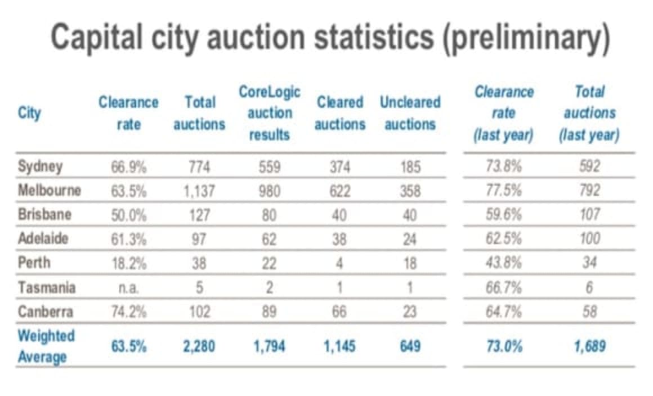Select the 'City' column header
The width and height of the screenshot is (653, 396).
pyautogui.click(x=29, y=113)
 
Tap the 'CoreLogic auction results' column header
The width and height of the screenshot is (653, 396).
pyautogui.click(x=270, y=113)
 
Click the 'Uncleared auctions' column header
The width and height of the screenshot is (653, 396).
pyautogui.click(x=410, y=113)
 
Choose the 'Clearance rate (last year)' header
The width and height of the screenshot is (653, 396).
pyautogui.click(x=504, y=114)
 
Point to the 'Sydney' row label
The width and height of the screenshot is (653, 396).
pyautogui.click(x=41, y=167)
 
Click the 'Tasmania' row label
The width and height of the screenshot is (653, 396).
pyautogui.click(x=46, y=287)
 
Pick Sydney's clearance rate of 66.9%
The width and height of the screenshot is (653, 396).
pyautogui.click(x=128, y=167)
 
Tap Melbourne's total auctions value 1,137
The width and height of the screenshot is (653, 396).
pyautogui.click(x=199, y=191)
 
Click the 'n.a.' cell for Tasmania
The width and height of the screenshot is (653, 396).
pyautogui.click(x=128, y=288)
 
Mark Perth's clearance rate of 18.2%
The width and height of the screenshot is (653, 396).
pyautogui.click(x=128, y=263)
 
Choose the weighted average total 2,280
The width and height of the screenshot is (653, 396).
pyautogui.click(x=199, y=346)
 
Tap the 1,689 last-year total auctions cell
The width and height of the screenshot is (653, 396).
pyautogui.click(x=589, y=346)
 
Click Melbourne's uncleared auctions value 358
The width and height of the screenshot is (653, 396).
pyautogui.click(x=410, y=191)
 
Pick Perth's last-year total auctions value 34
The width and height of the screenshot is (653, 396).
pyautogui.click(x=589, y=263)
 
